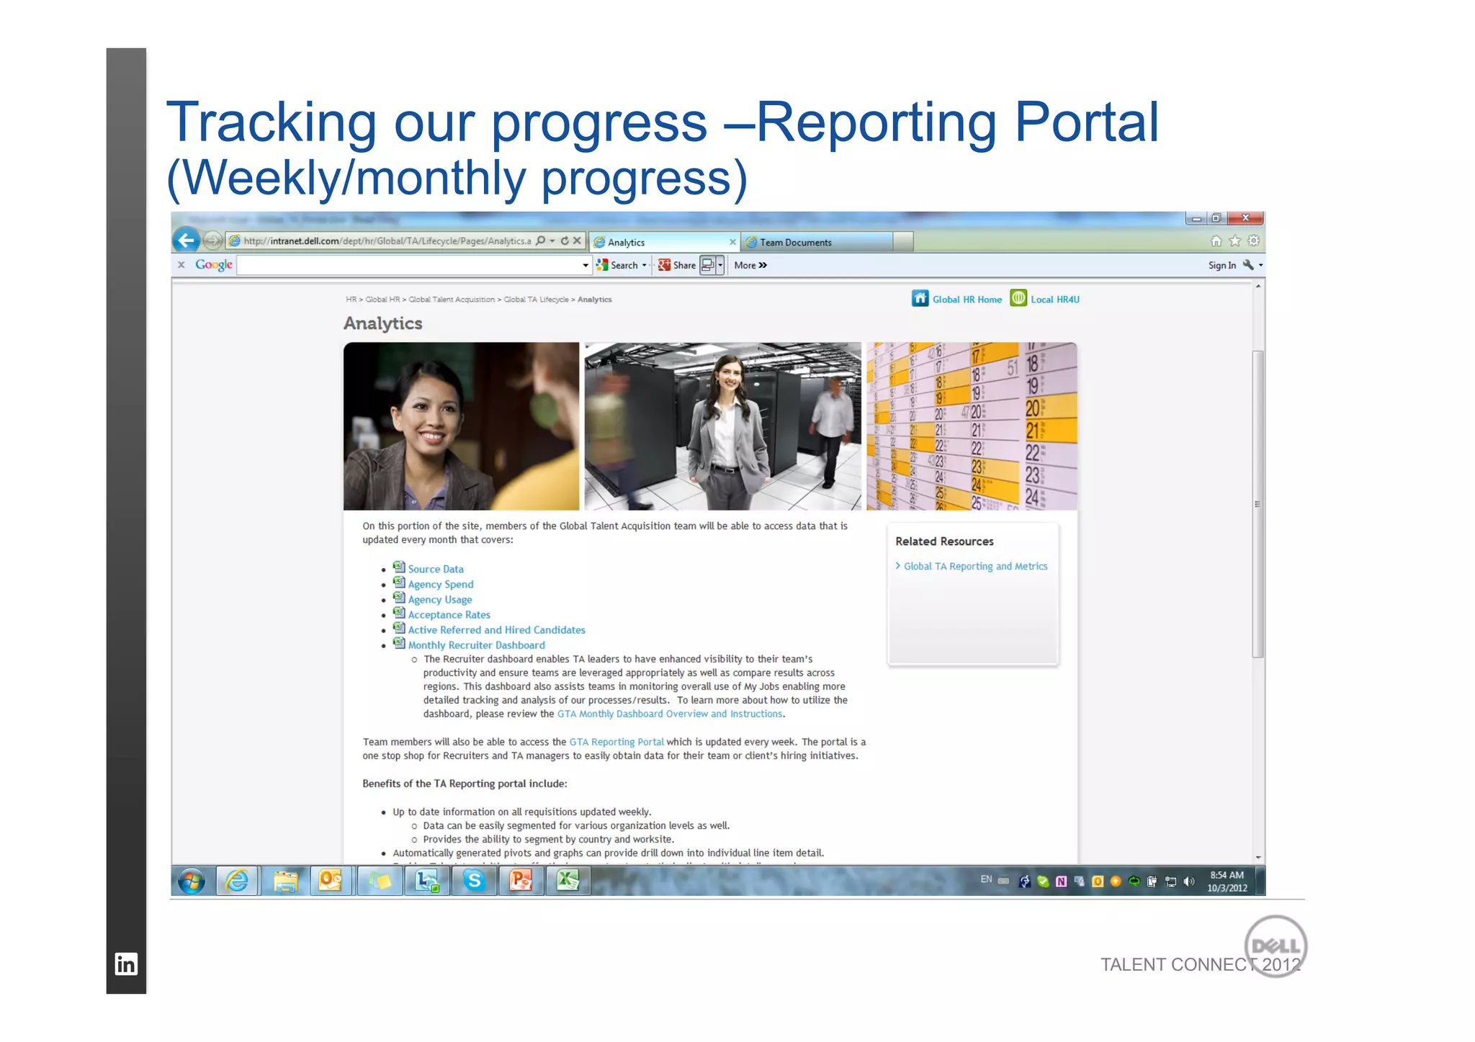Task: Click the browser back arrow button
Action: [187, 240]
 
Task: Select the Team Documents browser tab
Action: [795, 243]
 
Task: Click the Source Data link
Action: [435, 569]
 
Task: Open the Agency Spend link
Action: [440, 584]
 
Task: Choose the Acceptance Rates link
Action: [449, 614]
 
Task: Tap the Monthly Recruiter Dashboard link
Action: [476, 645]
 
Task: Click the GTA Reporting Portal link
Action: [617, 742]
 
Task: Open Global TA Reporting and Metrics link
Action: [975, 566]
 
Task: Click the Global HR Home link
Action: [966, 300]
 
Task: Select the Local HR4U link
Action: [1054, 300]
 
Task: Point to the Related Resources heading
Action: [944, 542]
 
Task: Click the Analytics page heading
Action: [382, 323]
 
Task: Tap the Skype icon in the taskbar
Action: [474, 881]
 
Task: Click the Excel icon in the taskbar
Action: [568, 881]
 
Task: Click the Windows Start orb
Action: [192, 881]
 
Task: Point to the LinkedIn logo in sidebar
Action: [126, 964]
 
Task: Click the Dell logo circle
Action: [1276, 945]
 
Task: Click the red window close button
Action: [1245, 218]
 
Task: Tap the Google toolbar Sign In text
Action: [1221, 266]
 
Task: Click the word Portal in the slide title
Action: [1086, 122]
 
